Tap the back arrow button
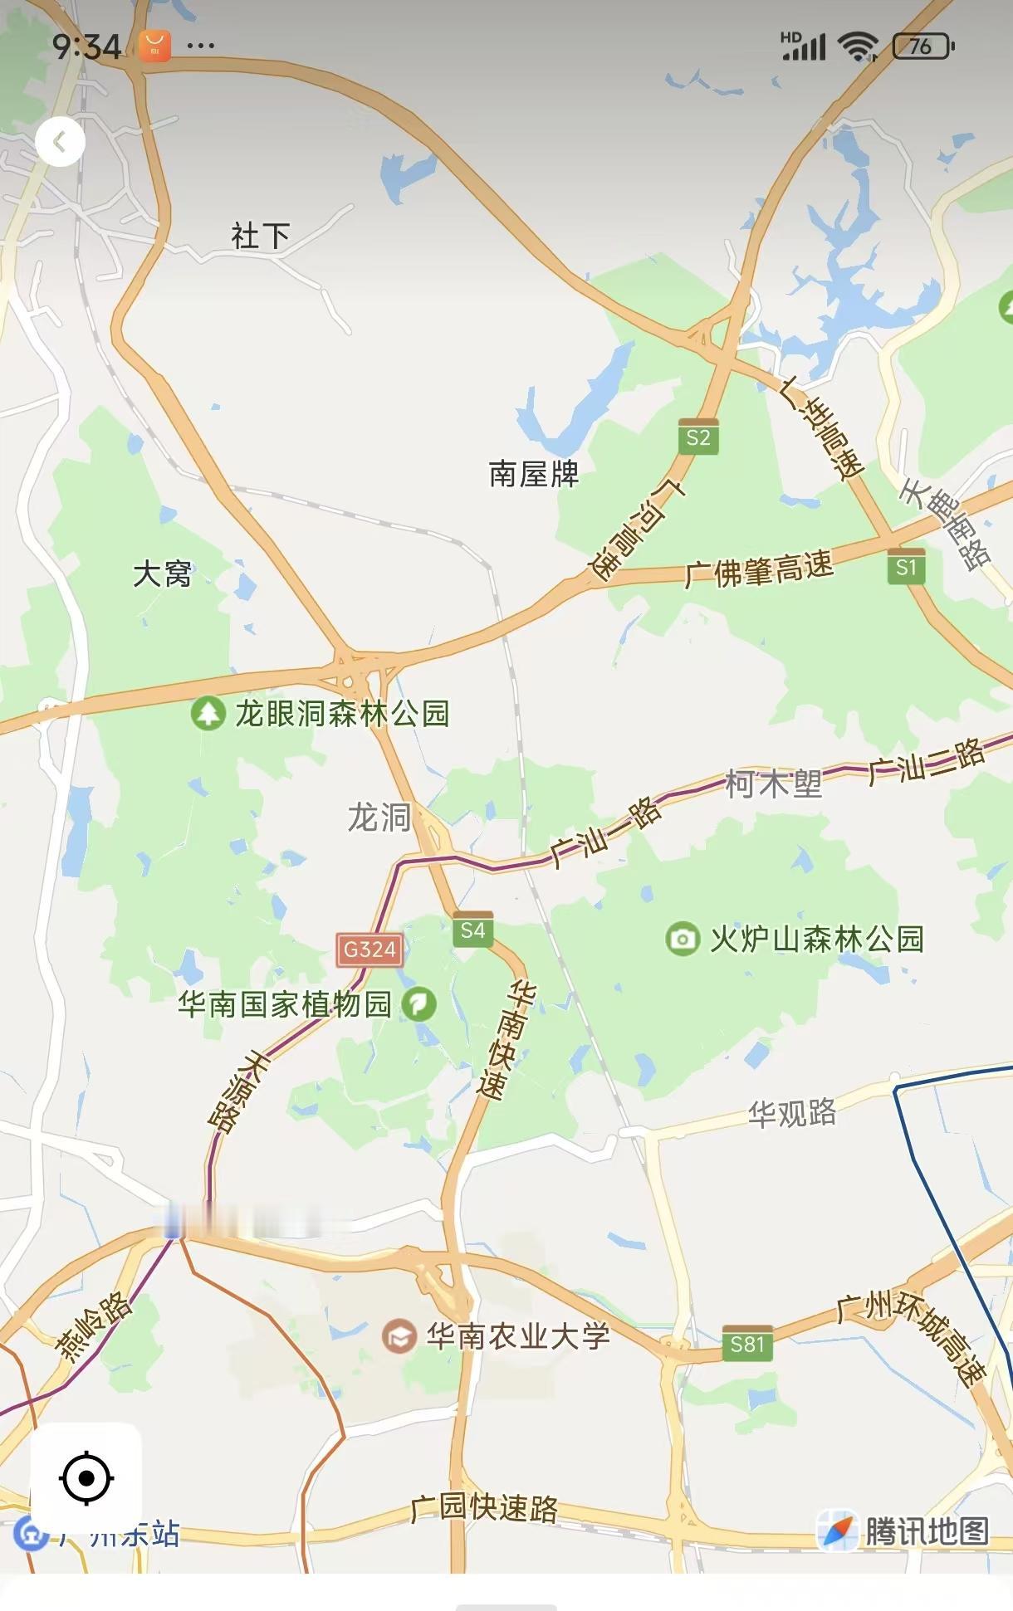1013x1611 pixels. (x=60, y=142)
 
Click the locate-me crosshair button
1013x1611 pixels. (x=86, y=1478)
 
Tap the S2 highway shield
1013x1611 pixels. (x=698, y=437)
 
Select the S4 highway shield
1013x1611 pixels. (x=472, y=930)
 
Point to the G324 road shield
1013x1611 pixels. (x=369, y=949)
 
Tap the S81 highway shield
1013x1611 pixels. (x=746, y=1343)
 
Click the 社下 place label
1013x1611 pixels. (x=260, y=237)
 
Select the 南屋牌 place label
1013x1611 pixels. (x=533, y=474)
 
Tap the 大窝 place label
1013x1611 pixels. (x=162, y=574)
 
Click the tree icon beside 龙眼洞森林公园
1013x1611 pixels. (x=208, y=713)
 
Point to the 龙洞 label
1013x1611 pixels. (x=379, y=817)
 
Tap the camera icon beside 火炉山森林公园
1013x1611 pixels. (x=683, y=939)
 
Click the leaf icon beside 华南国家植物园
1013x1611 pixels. (x=418, y=1004)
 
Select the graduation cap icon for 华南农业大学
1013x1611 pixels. (x=399, y=1336)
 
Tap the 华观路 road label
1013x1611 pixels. (x=791, y=1113)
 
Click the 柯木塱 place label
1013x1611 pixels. (x=773, y=784)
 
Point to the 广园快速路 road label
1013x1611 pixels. (x=485, y=1508)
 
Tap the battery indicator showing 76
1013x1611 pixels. (x=922, y=46)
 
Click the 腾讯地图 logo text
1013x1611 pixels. (x=927, y=1532)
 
